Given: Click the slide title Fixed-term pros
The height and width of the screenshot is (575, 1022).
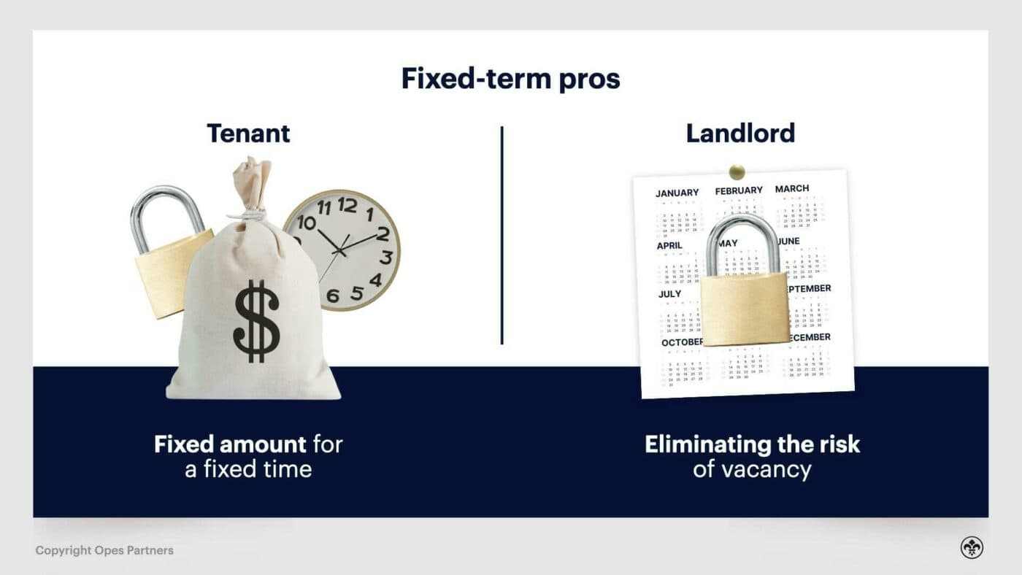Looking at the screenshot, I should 510,78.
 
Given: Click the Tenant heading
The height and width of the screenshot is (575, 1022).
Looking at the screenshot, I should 248,134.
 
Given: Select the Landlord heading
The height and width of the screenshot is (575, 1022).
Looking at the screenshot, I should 740,134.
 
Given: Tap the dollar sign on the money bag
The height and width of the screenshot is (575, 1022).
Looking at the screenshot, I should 256,321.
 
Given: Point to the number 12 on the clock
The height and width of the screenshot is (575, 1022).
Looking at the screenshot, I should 347,205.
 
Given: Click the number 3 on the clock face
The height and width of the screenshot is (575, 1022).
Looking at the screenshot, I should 386,257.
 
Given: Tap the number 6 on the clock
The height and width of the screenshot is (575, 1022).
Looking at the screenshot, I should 333,296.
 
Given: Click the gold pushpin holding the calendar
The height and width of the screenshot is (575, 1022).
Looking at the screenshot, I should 737,172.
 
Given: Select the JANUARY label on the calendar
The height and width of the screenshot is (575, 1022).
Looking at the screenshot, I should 677,193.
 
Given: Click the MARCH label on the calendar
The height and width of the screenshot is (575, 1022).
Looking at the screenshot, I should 792,188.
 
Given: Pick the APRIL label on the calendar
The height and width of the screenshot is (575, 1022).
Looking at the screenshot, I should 669,246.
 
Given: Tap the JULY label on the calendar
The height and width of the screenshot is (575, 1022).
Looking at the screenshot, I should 669,294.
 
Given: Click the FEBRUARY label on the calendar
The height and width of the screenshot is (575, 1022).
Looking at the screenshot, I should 739,190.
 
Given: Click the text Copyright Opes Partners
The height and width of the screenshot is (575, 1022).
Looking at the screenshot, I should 104,550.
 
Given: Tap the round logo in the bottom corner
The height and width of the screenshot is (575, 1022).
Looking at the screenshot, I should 972,548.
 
